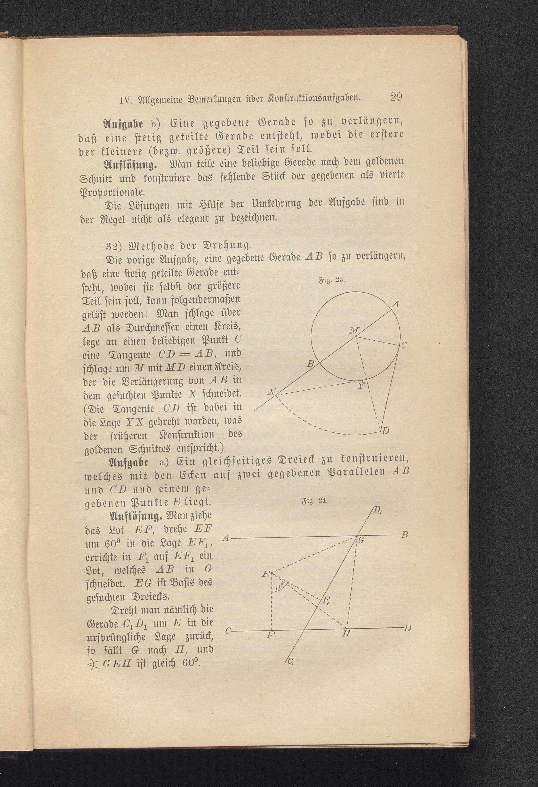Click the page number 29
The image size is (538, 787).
(x=396, y=97)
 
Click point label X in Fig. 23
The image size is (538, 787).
(x=271, y=392)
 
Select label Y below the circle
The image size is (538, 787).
(x=361, y=385)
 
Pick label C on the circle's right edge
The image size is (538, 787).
(x=404, y=345)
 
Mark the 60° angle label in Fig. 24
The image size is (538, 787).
(x=280, y=587)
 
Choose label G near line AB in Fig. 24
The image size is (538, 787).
(x=361, y=541)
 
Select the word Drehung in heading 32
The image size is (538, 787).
(x=230, y=244)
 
